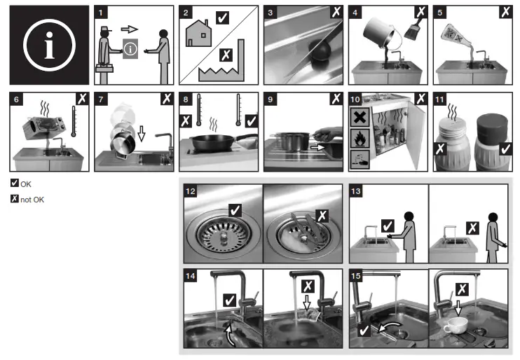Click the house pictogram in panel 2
coord(198,33)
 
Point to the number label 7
coord(101,99)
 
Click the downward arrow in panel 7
coord(142,133)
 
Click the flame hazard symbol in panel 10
coord(360,138)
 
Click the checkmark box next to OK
coord(15,183)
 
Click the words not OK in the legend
coord(32,200)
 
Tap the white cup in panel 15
coord(456,325)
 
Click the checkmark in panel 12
coord(235,210)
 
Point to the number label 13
coord(356,191)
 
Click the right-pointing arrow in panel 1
coord(130,29)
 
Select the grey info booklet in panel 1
coord(130,49)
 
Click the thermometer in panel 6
coord(74,121)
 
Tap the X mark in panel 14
coord(308,286)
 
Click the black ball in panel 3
coord(320,50)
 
